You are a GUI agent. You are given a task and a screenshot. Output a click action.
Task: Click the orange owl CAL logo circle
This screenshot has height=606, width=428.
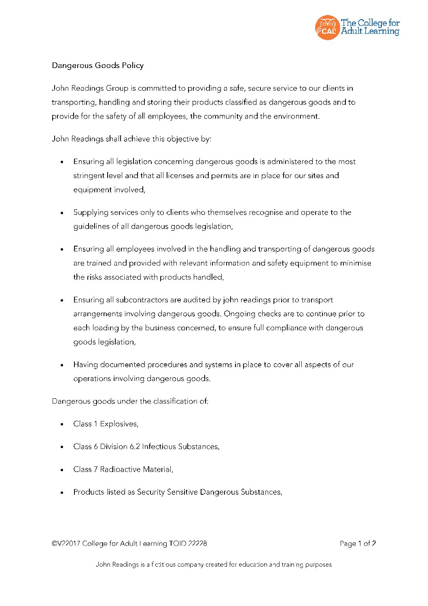(327, 28)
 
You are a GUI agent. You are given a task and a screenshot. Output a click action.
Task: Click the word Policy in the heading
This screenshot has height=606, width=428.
(133, 65)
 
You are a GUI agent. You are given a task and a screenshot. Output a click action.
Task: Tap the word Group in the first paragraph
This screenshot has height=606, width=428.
(117, 88)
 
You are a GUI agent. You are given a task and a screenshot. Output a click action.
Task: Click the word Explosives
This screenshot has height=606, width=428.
(119, 424)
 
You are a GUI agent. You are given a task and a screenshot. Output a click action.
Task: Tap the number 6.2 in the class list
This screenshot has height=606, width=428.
(134, 447)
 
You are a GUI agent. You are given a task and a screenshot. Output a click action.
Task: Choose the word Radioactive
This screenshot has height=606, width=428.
(121, 469)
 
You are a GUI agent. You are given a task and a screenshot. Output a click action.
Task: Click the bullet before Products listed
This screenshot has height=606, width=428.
(62, 492)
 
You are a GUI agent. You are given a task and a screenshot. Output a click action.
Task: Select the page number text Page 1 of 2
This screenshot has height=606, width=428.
(358, 544)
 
